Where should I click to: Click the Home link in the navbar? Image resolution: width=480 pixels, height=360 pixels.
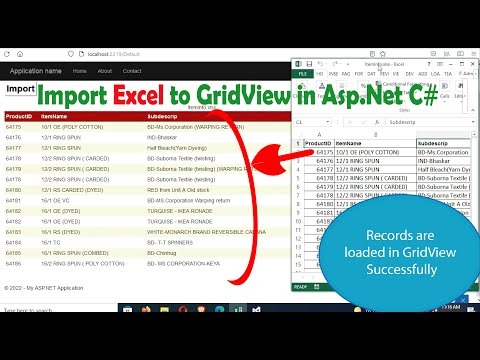tap(78, 71)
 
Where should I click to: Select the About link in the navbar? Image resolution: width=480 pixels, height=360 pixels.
tap(105, 71)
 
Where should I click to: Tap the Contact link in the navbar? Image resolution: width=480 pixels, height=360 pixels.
tap(132, 71)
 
